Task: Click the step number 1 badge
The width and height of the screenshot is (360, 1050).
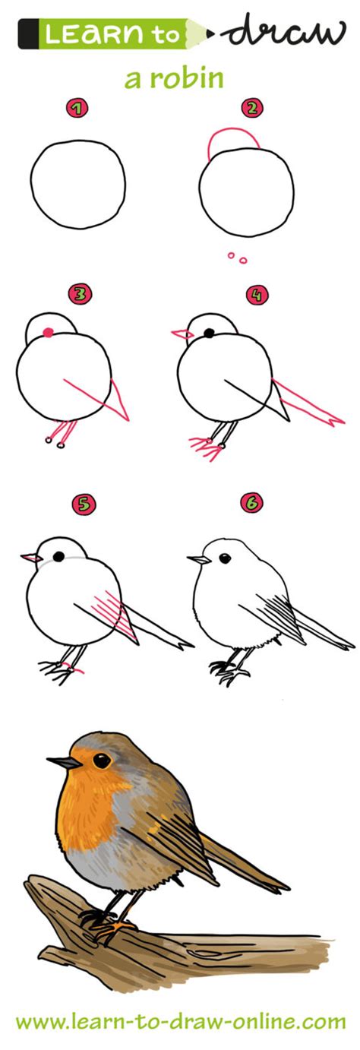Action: [x=75, y=109]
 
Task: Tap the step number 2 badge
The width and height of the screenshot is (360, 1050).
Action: [x=252, y=108]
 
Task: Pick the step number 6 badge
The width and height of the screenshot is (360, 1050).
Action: [x=252, y=502]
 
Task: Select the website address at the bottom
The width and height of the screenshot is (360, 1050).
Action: [x=180, y=1022]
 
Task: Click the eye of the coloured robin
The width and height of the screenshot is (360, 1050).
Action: [x=101, y=760]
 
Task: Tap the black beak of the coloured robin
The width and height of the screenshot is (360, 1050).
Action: [x=61, y=761]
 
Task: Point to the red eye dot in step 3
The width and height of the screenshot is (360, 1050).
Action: [x=48, y=332]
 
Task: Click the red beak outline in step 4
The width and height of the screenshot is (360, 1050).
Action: [x=180, y=333]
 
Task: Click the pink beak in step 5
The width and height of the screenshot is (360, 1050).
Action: [x=30, y=558]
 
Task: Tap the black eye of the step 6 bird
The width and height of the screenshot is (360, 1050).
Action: [x=225, y=558]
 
